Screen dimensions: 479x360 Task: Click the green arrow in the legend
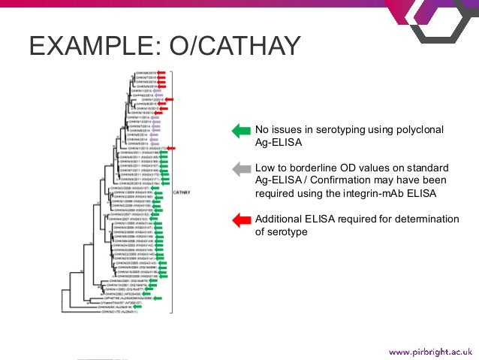click(x=239, y=131)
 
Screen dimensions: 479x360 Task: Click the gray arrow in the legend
click(x=239, y=170)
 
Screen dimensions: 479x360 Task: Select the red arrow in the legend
click(x=239, y=220)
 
